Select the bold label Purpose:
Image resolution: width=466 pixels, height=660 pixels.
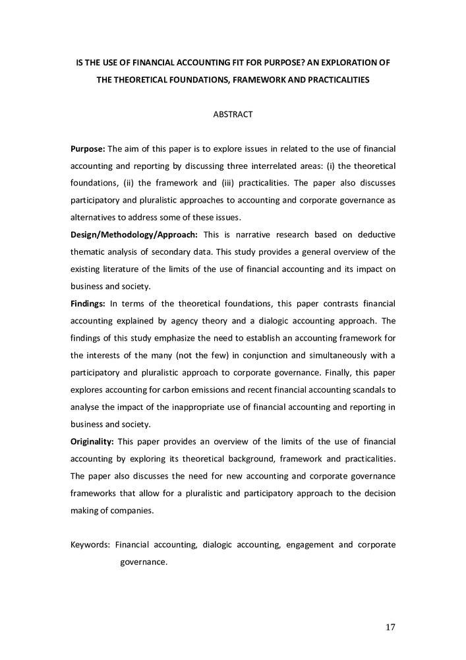pos(88,148)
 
